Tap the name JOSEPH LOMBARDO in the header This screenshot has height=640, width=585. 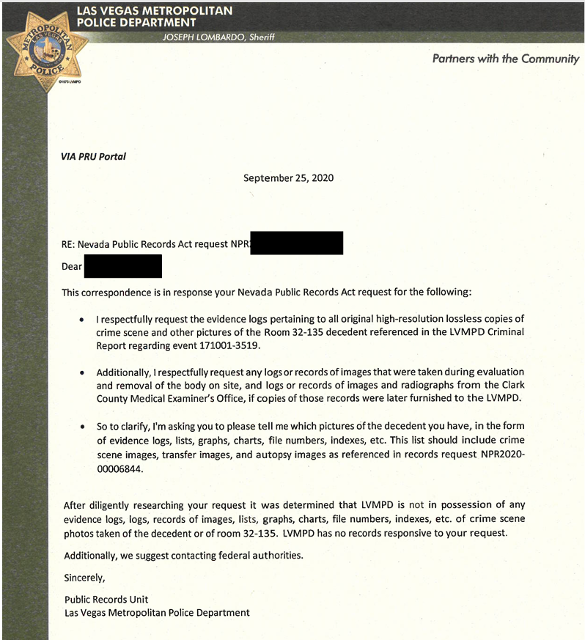tap(196, 37)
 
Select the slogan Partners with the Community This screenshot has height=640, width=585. tap(505, 59)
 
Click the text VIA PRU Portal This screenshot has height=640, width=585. tap(93, 156)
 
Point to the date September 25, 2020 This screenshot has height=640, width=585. tap(289, 177)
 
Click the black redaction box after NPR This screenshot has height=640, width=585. tap(296, 243)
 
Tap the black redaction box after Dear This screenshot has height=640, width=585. tap(122, 266)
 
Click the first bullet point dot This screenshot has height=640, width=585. tap(81, 321)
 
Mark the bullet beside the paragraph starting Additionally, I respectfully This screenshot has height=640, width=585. tap(81, 373)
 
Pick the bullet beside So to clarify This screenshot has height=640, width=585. tap(81, 426)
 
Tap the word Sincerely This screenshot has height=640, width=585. tap(84, 577)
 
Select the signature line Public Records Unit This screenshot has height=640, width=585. tap(106, 599)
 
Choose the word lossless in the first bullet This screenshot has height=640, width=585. tap(463, 320)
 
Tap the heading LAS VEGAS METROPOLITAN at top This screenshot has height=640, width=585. tap(154, 11)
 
